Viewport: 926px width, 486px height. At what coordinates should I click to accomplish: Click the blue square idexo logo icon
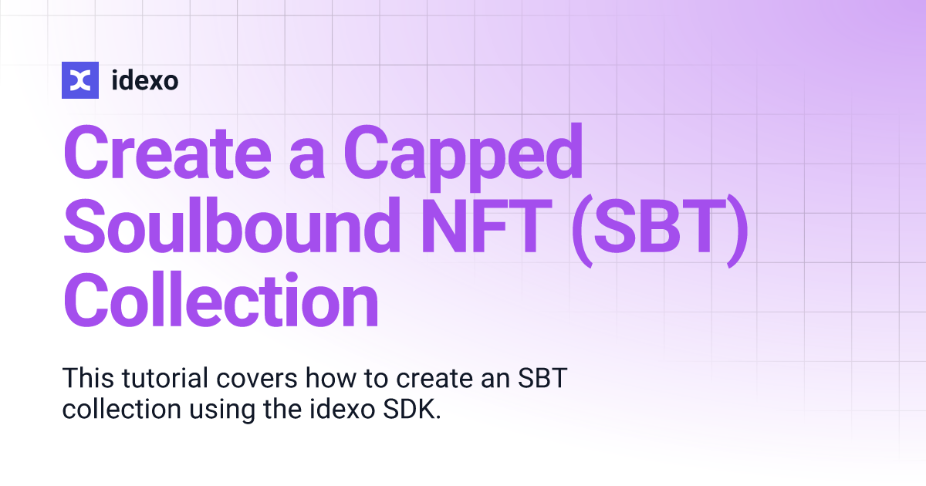click(x=80, y=79)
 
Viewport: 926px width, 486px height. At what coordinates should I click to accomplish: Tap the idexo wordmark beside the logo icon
click(x=145, y=79)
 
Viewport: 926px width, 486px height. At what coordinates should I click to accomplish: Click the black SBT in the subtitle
click(x=549, y=379)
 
